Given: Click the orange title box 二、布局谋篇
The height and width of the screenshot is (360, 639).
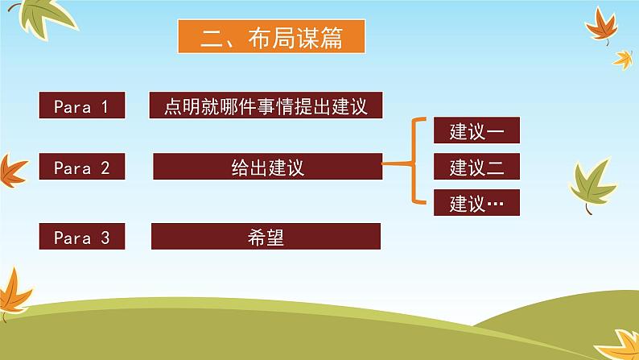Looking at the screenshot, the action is coord(271,36).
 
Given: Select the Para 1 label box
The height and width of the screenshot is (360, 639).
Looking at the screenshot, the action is coord(82,106).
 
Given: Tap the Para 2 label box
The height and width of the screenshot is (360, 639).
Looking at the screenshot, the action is coord(82,167).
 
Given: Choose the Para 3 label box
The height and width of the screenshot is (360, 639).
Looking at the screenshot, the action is coord(82,236).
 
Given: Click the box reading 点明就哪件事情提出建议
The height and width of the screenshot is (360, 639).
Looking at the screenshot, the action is coord(266,106).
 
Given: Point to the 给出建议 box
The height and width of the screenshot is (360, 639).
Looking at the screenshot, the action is coord(268,167).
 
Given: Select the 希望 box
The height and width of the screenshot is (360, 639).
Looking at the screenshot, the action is coord(266,236).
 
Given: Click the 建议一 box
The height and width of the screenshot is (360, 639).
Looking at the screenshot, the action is coord(476,130).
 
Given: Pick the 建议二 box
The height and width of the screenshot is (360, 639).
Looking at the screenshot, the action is coord(476,167).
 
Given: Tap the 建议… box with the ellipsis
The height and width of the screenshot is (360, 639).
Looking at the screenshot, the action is coord(476,202).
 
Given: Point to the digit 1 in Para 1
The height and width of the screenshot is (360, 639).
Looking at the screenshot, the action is coord(105,107).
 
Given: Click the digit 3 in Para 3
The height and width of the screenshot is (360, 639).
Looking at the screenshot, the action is coord(105,238).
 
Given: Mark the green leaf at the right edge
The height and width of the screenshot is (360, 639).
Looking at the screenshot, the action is coord(593,185).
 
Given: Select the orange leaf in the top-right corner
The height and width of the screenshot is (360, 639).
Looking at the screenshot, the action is coord(601,25).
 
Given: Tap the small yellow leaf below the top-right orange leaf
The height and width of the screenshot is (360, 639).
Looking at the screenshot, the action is coord(623,60).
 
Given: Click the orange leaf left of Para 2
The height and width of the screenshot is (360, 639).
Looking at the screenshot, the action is coord(12,172).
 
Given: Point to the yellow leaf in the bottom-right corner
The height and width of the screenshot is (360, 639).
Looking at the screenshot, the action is coord(620,346).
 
